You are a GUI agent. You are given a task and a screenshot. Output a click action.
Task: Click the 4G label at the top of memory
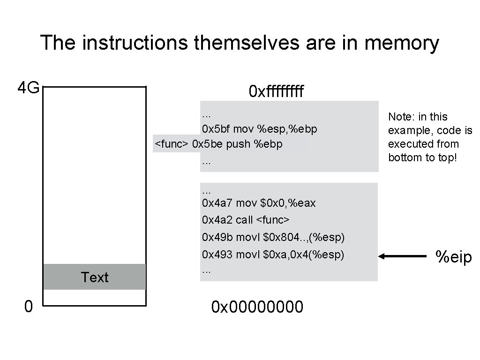tap(28, 88)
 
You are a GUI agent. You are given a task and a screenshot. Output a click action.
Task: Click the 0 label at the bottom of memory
tap(28, 307)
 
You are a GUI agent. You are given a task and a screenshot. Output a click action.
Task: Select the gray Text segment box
tap(94, 277)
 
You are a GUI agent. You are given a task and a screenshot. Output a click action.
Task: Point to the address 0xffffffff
tap(276, 91)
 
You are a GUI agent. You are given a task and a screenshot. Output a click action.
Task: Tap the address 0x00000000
tap(257, 307)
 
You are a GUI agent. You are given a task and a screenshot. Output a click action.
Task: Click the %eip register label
tap(453, 257)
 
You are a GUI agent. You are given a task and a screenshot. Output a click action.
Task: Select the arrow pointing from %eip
tap(403, 256)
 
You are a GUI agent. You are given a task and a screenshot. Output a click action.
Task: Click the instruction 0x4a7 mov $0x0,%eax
tap(259, 203)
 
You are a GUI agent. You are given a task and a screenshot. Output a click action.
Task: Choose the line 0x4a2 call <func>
tap(246, 220)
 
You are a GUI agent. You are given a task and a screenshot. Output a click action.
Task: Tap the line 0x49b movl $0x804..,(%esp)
tap(273, 238)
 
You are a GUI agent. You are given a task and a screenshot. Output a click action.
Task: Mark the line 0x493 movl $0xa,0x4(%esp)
tap(273, 255)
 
